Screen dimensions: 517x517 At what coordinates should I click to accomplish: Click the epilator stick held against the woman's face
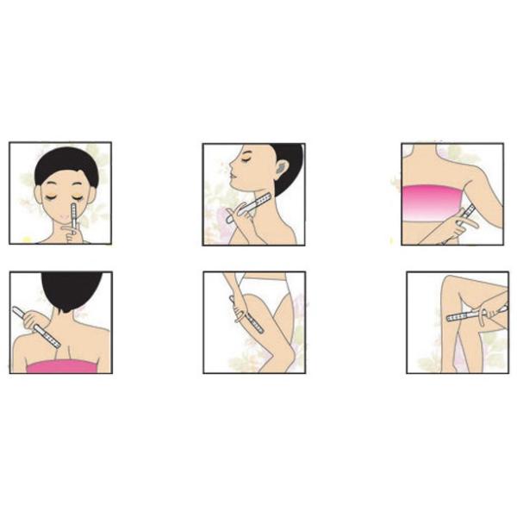click(75, 212)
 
